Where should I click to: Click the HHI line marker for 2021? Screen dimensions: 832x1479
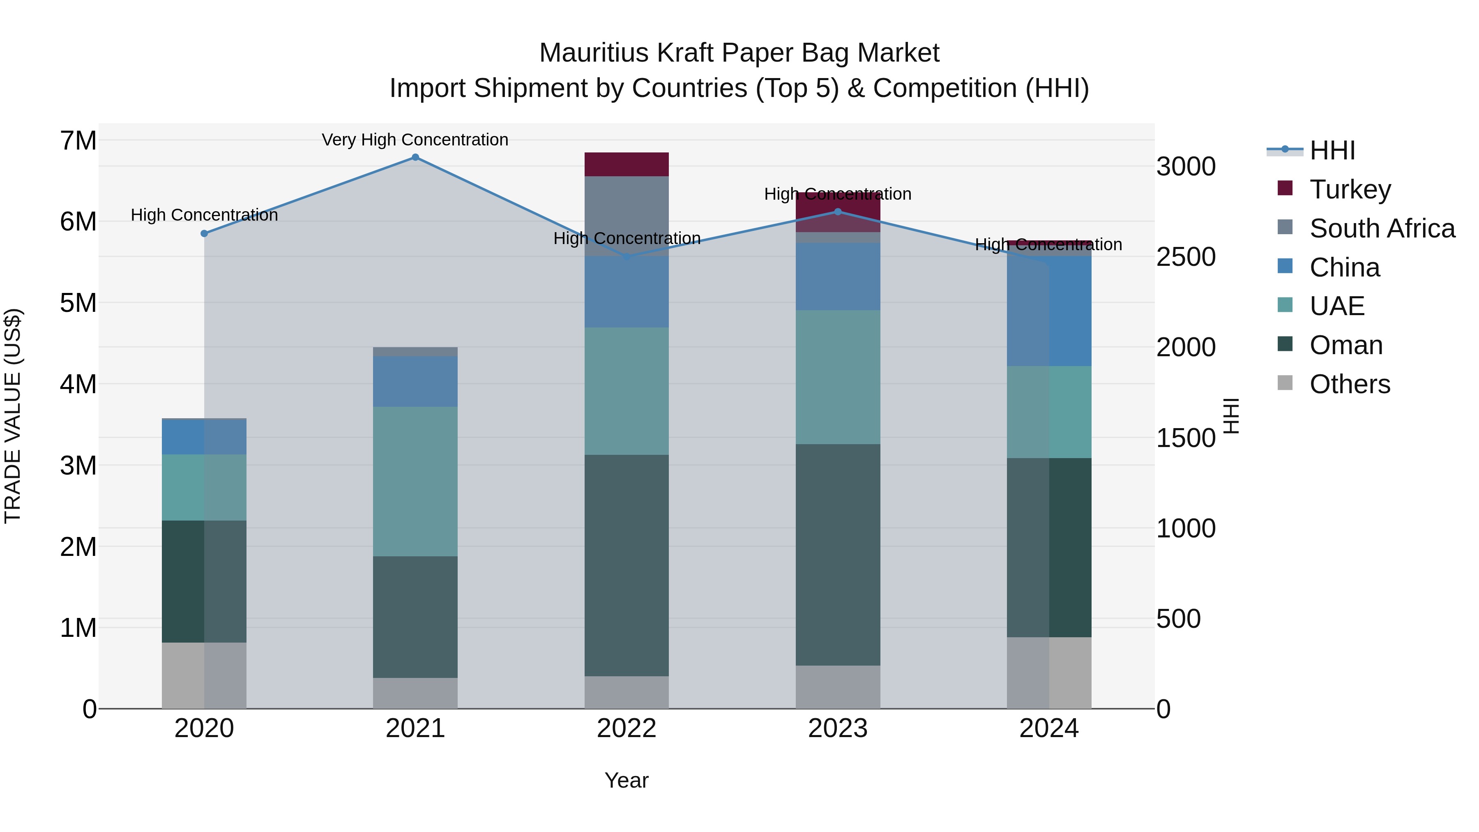tap(415, 157)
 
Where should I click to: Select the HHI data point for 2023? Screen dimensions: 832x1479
tap(838, 212)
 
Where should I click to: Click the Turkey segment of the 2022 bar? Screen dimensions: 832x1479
tap(627, 164)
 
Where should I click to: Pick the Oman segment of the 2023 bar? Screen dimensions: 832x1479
tap(838, 555)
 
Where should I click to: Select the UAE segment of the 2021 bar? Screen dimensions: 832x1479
tap(415, 481)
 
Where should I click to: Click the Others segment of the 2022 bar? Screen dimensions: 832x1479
tap(627, 692)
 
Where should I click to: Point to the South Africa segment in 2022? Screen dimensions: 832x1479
tap(627, 216)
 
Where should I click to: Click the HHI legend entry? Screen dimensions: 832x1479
tap(1332, 150)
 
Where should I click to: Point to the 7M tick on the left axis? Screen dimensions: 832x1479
tap(78, 141)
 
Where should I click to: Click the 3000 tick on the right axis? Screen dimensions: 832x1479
tap(1186, 166)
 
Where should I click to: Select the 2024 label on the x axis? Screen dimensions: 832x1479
tap(1049, 728)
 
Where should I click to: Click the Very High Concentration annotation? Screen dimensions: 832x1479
tap(415, 140)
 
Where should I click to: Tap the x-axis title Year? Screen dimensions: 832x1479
tap(627, 780)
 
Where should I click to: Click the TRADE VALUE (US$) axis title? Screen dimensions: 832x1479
tap(13, 416)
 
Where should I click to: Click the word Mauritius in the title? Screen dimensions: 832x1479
tap(594, 53)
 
